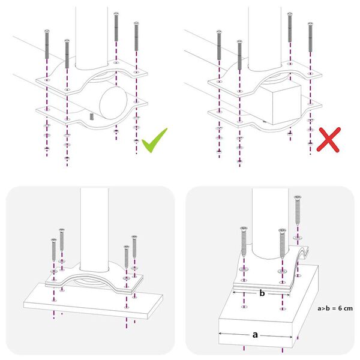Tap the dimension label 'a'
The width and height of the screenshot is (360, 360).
click(x=254, y=335)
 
